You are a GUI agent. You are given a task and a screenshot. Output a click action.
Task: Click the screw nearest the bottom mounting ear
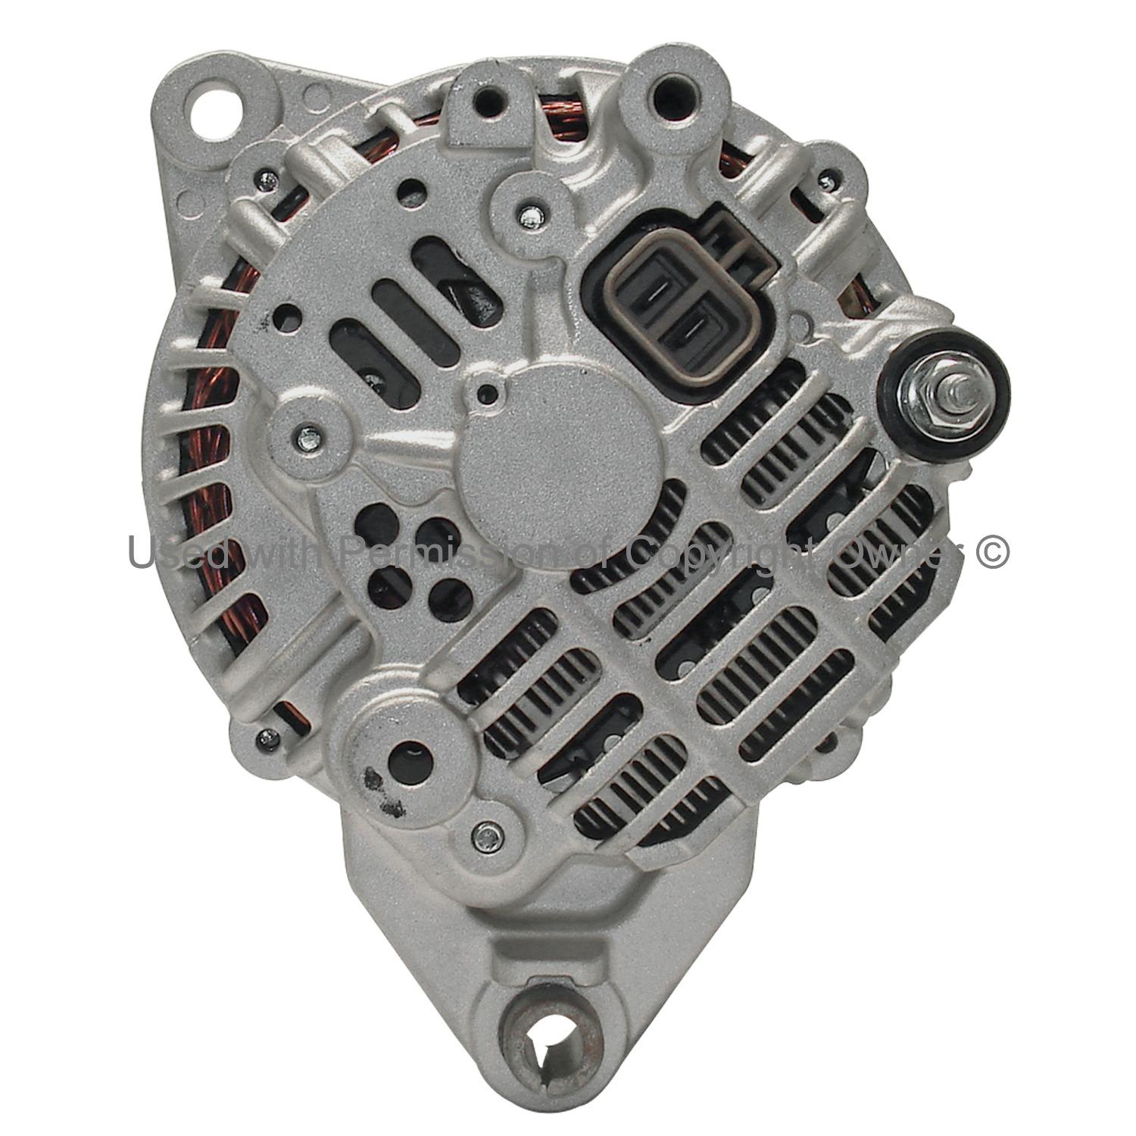coord(488,835)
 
